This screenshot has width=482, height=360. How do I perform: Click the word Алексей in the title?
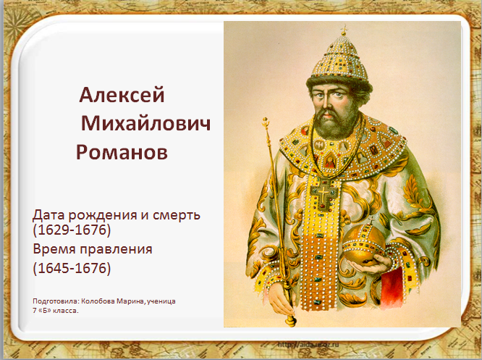click(x=122, y=95)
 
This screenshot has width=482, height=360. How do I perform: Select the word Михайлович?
click(x=146, y=123)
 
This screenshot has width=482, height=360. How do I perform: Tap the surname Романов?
click(x=122, y=152)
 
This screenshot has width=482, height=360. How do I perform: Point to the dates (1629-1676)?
click(x=72, y=230)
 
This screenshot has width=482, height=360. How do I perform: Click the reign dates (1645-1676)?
click(x=72, y=268)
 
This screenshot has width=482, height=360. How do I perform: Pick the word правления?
click(x=116, y=249)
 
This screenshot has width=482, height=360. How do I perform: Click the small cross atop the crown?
click(x=344, y=30)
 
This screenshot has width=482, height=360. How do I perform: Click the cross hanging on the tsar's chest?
click(x=324, y=194)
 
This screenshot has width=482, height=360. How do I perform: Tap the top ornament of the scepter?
click(x=266, y=123)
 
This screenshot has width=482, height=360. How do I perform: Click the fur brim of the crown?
click(x=339, y=82)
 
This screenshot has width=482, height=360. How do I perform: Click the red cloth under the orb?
click(x=392, y=287)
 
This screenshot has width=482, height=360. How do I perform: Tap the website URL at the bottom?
click(x=308, y=345)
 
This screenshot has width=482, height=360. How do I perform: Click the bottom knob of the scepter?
click(x=290, y=321)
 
